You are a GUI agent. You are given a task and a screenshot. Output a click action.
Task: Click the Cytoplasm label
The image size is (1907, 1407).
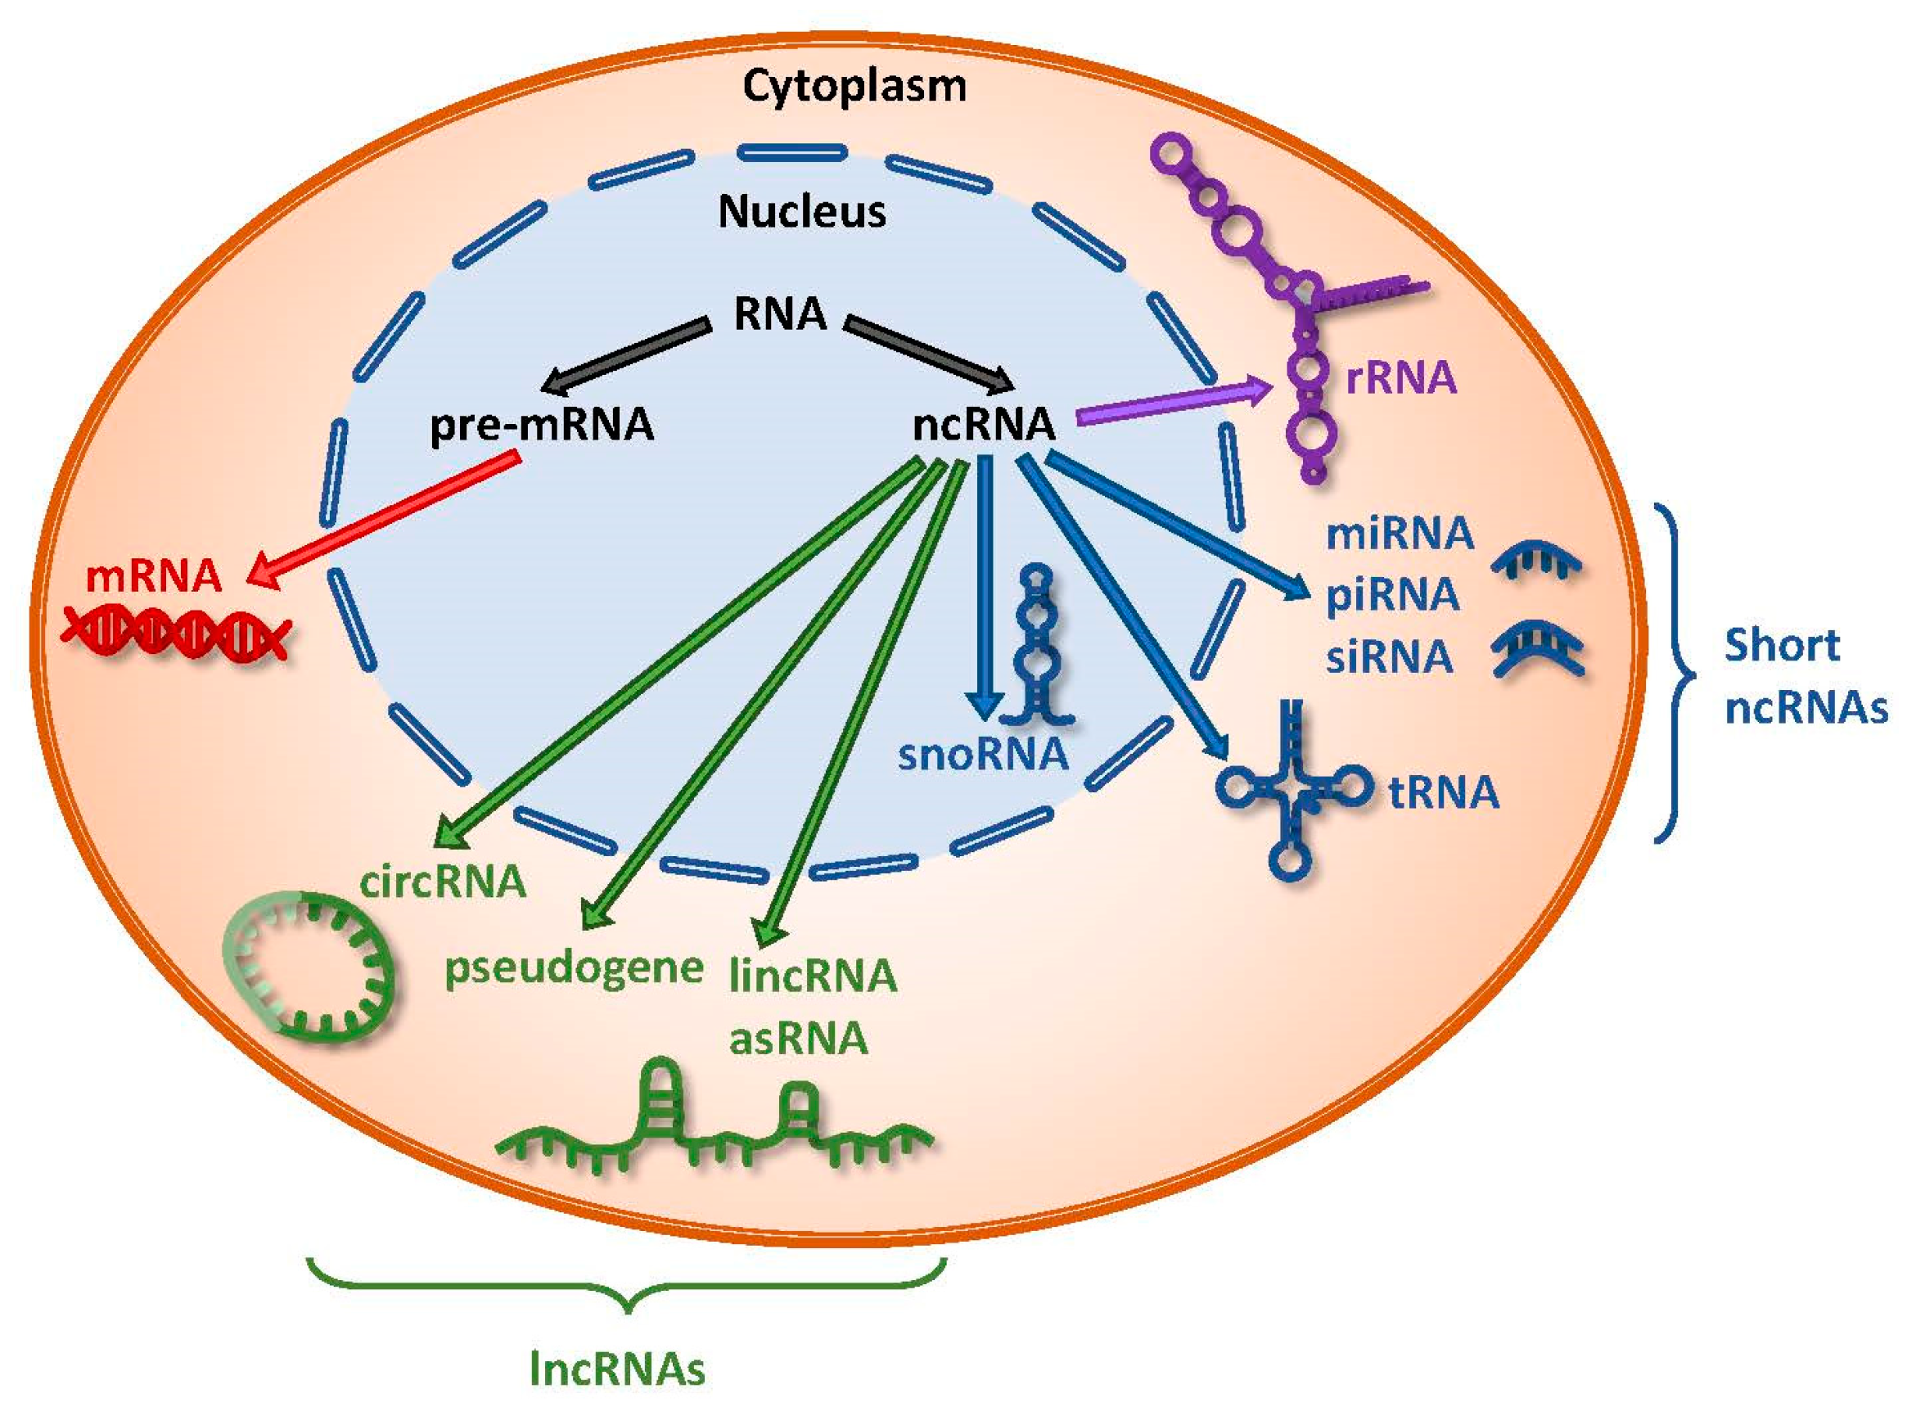tap(854, 88)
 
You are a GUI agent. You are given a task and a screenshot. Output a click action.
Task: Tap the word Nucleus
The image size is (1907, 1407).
tap(801, 212)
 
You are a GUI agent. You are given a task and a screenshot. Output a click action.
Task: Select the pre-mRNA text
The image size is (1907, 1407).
tap(542, 425)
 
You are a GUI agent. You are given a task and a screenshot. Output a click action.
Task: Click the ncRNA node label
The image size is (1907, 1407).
tap(984, 425)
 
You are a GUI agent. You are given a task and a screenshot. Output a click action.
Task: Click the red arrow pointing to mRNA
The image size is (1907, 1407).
tap(383, 521)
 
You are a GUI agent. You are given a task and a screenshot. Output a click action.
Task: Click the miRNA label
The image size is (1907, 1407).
tap(1400, 534)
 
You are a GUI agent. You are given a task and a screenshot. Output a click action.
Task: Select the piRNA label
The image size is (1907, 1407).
tap(1392, 594)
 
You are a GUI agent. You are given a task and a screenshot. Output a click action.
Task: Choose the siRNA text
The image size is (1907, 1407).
tap(1389, 656)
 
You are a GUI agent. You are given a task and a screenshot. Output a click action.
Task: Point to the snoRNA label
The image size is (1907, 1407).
tap(983, 755)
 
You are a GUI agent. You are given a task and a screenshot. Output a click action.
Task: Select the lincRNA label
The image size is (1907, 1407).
tap(814, 976)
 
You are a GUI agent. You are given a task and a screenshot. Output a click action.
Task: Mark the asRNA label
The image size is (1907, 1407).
tap(799, 1038)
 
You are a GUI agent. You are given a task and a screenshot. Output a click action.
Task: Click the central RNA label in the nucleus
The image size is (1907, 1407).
tap(780, 314)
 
